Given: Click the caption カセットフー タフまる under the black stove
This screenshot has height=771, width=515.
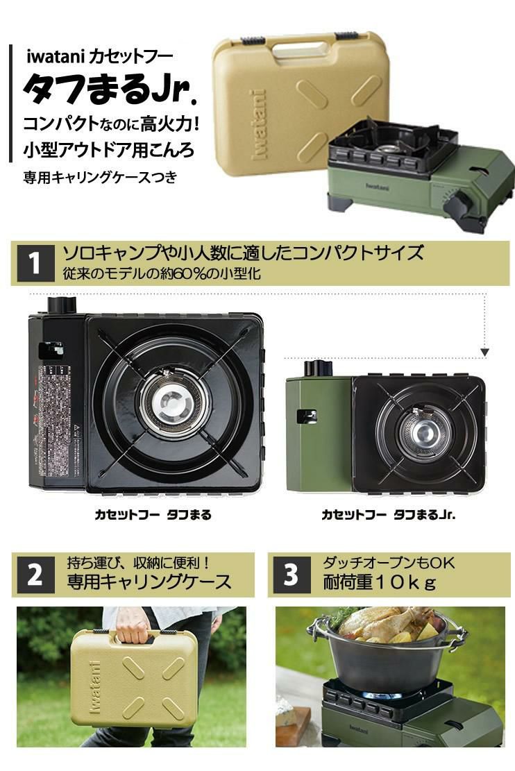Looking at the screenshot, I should pyautogui.click(x=153, y=515).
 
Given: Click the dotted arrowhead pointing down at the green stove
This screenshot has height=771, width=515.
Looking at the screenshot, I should pyautogui.click(x=485, y=353).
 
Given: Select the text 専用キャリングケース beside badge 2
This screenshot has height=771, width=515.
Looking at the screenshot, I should pyautogui.click(x=149, y=582).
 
